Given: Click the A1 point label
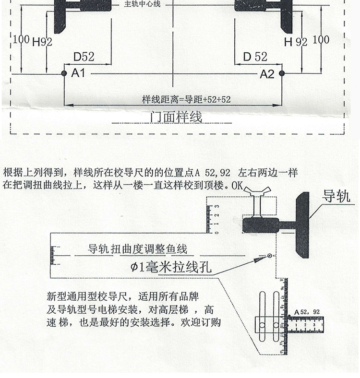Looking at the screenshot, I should [78, 73].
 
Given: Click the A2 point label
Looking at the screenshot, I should [267, 74].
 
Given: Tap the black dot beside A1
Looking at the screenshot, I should [64, 73].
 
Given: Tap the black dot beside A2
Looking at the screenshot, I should [282, 73].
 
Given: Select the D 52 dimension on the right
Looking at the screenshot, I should [255, 57].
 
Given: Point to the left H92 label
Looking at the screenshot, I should [42, 42].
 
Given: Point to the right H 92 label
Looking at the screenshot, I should [295, 42].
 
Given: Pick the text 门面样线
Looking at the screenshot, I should [176, 117].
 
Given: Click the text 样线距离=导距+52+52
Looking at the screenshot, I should [186, 100].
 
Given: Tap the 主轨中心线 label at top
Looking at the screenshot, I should [142, 4].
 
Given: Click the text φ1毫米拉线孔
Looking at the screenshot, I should [171, 267].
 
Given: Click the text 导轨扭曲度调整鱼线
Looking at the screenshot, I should [137, 249].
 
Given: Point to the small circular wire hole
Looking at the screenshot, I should [270, 256].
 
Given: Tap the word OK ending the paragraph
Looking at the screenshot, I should [238, 185].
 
